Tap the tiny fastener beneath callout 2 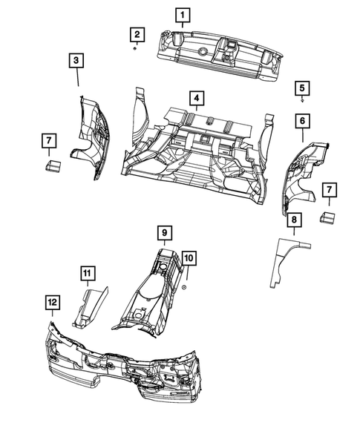135,48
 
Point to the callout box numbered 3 77,62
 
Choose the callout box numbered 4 195,98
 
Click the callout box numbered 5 302,87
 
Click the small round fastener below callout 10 184,285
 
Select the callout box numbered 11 87,276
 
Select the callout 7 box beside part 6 327,193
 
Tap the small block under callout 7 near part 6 327,218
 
